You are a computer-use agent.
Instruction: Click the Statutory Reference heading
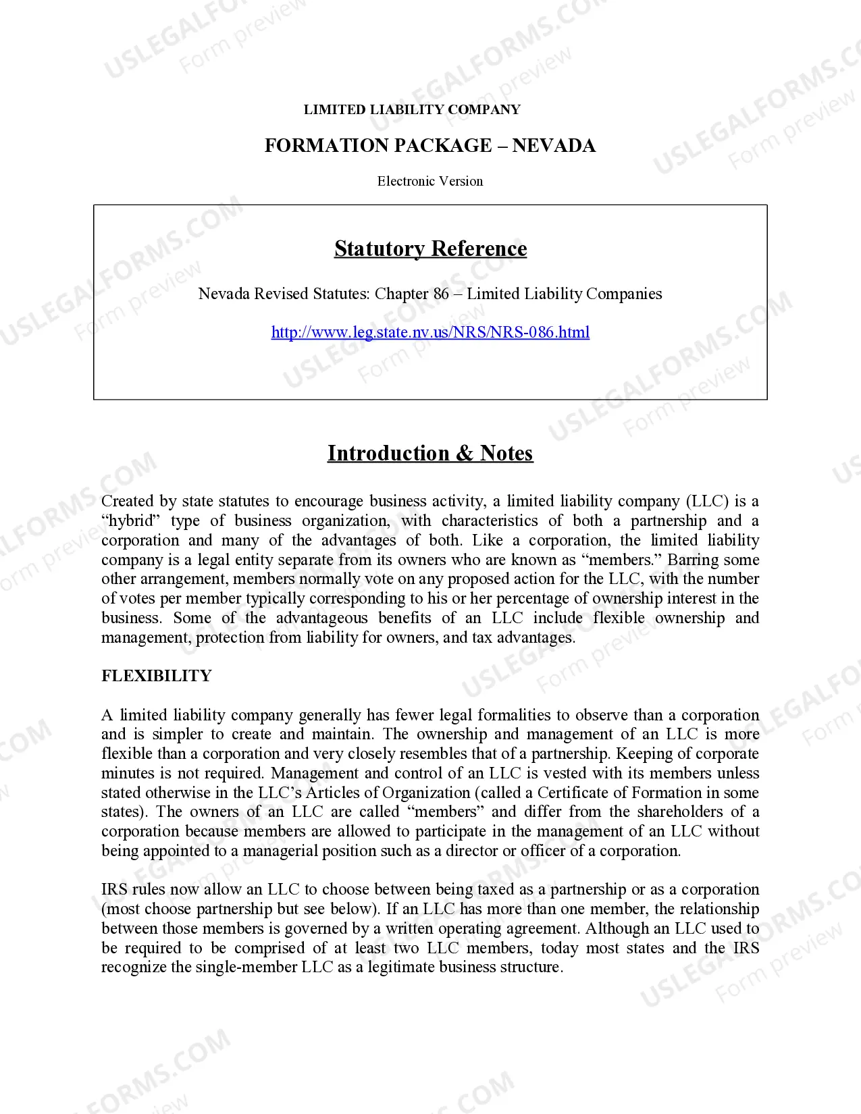[x=430, y=249]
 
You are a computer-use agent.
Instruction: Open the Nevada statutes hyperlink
[x=430, y=332]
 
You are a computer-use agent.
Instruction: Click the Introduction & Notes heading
[x=430, y=453]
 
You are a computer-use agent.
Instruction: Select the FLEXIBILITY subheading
[x=156, y=676]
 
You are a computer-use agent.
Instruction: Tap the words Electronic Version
[x=430, y=181]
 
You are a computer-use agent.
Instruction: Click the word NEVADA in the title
[x=554, y=146]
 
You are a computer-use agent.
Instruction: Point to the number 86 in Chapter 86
[x=441, y=294]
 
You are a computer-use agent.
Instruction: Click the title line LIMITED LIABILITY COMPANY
[x=412, y=109]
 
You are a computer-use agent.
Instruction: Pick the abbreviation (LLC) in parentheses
[x=708, y=501]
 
